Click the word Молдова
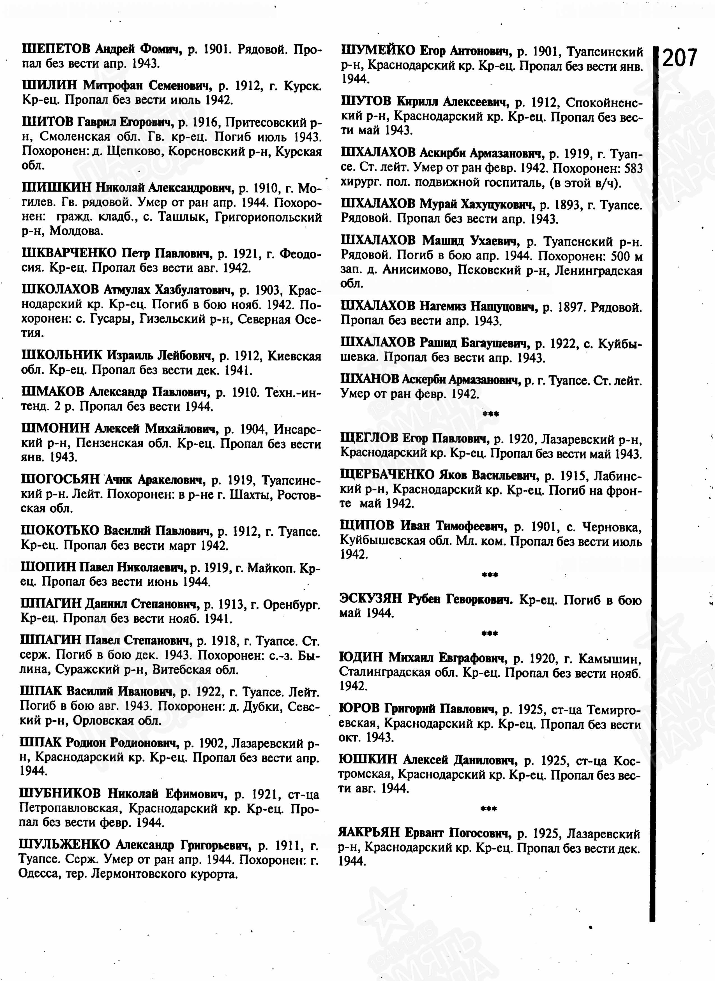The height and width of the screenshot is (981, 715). click(x=76, y=231)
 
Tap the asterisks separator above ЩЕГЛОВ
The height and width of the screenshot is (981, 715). click(x=490, y=414)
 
